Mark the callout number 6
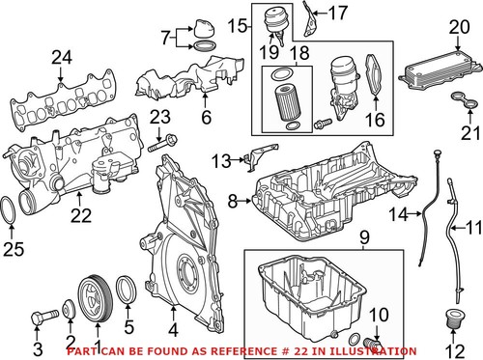click(x=205, y=118)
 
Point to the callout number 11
click(x=472, y=229)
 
